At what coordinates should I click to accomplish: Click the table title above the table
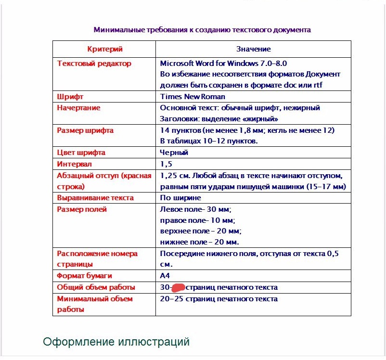pos(202,30)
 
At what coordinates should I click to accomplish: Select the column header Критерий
pos(105,49)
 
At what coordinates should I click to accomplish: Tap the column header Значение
pos(253,49)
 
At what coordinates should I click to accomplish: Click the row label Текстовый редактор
pos(94,64)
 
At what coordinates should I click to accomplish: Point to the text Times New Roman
pos(193,97)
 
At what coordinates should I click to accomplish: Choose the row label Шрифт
pos(70,97)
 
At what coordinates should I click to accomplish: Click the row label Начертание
pos(79,108)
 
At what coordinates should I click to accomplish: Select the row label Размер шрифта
pos(85,130)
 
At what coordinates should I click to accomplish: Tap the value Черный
pos(174,153)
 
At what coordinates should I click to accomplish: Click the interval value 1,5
pos(166,164)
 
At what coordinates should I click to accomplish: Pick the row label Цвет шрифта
pos(81,153)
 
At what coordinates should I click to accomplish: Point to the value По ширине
pos(180,198)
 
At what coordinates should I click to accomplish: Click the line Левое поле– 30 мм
pos(196,209)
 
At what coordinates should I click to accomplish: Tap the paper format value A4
pos(165,276)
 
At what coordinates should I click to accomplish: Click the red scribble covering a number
pos(179,288)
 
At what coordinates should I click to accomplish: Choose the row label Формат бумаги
pos(84,276)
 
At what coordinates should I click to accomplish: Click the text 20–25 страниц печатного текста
pos(219,299)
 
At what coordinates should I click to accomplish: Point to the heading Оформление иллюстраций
pos(116,342)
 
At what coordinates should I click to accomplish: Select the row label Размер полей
pos(82,209)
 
